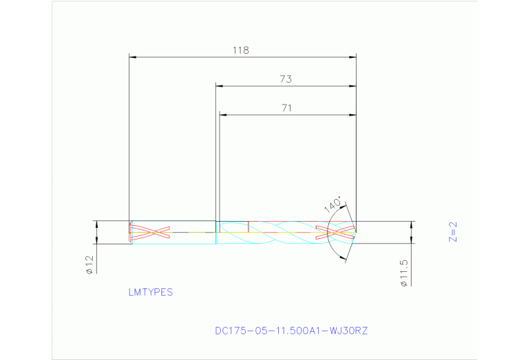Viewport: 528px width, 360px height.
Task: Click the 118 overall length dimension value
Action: pos(240,50)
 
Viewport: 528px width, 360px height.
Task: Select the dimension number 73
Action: pos(286,79)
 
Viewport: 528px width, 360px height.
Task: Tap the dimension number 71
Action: pos(287,107)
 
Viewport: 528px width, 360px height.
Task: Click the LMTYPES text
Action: pos(151,292)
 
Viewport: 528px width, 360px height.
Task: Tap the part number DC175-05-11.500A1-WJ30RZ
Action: pos(291,330)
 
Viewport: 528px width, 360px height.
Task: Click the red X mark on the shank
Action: pos(151,232)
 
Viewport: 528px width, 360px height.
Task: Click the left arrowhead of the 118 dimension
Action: pos(133,57)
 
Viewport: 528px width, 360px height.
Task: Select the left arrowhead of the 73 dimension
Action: pos(220,86)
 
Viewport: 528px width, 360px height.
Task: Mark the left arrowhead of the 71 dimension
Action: pos(222,114)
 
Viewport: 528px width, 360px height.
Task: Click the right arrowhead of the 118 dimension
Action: pos(353,57)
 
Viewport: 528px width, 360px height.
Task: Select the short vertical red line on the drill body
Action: pos(248,226)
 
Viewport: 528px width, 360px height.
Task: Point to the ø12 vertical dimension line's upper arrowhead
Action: pos(96,224)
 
